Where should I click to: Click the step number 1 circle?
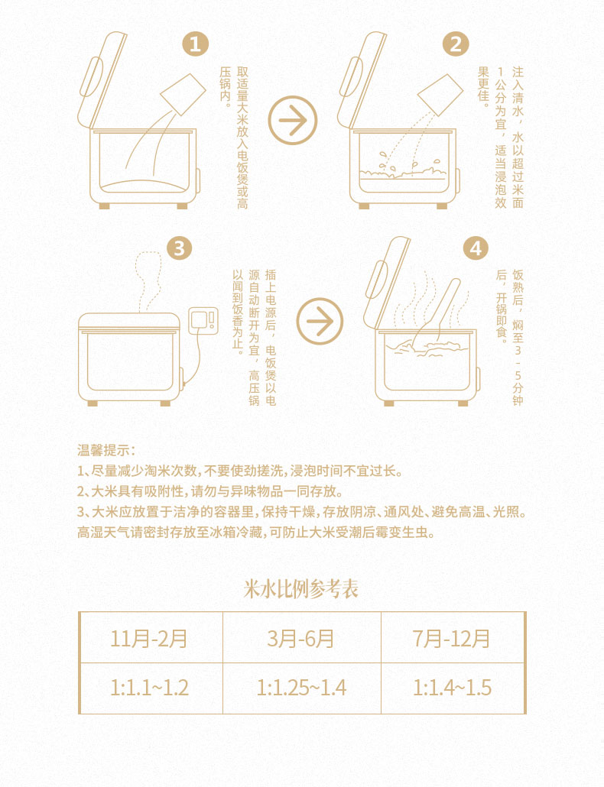click(195, 44)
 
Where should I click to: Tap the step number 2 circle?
click(456, 44)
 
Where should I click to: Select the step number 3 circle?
click(179, 248)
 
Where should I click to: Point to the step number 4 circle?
click(475, 248)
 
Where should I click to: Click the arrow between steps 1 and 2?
click(293, 120)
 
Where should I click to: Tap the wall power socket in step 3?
click(203, 321)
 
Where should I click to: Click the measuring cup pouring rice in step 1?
click(183, 94)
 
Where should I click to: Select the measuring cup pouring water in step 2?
click(440, 95)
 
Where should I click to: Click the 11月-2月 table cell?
click(151, 638)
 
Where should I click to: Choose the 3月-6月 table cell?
click(302, 638)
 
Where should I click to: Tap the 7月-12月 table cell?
click(453, 638)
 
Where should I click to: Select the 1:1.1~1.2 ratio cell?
click(151, 688)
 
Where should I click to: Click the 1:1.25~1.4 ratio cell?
click(302, 688)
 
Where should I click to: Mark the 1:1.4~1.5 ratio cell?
click(453, 688)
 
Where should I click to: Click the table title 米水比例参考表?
click(300, 589)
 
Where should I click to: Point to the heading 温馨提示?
click(106, 450)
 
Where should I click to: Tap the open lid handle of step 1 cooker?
click(91, 76)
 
